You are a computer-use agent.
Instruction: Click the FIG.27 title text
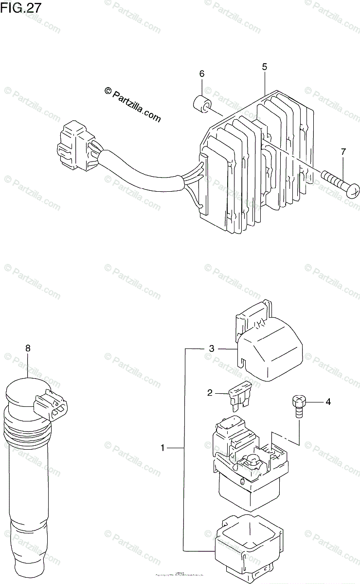(x=21, y=8)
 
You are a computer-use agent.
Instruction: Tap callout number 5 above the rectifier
(x=264, y=67)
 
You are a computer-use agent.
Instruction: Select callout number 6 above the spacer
(x=201, y=74)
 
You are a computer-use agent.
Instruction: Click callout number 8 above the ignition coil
(x=28, y=348)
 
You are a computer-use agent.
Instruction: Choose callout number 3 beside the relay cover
(x=212, y=348)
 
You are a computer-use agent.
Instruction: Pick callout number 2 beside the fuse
(x=210, y=393)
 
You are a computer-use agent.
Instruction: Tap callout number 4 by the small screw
(x=328, y=402)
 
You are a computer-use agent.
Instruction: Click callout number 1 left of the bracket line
(x=164, y=446)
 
